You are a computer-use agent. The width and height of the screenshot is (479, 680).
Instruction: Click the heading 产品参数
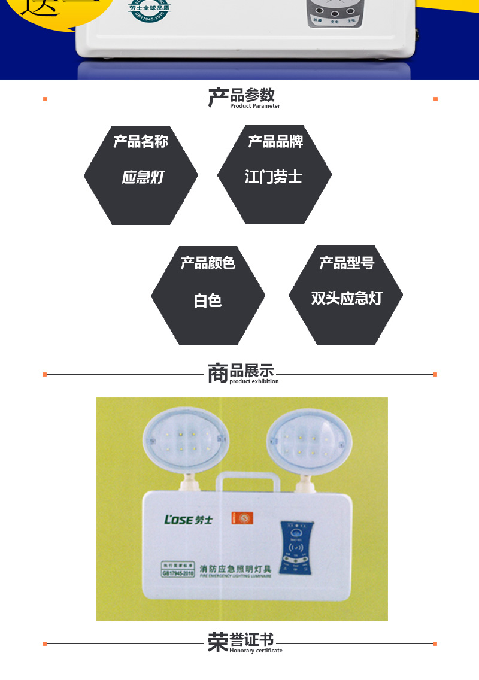241,96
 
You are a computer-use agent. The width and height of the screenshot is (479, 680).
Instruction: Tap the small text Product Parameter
254,106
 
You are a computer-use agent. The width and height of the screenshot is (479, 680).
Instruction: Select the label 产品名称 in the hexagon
141,141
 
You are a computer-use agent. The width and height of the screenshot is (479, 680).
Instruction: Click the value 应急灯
143,177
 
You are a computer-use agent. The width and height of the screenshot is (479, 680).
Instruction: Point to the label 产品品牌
275,141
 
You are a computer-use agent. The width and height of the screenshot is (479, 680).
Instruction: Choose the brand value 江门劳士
274,177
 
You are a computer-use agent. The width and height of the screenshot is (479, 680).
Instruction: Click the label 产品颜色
208,262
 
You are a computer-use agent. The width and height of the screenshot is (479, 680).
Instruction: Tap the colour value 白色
208,300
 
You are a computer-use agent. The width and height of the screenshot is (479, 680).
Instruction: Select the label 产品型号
346,262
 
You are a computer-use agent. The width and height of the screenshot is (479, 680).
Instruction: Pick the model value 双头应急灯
346,298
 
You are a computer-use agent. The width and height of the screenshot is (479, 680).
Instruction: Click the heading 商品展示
241,372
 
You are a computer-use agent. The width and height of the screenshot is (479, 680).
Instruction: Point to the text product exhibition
254,381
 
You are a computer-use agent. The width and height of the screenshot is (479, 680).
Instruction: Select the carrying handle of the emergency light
244,481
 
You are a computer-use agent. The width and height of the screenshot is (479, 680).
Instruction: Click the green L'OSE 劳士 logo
188,519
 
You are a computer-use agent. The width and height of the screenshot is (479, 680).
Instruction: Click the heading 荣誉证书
241,641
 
